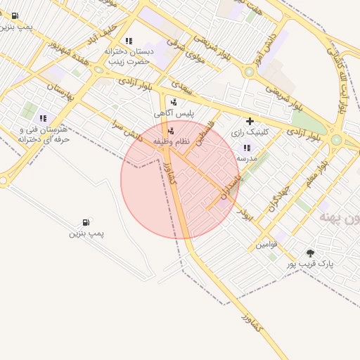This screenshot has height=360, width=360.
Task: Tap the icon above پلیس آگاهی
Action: pyautogui.click(x=174, y=101)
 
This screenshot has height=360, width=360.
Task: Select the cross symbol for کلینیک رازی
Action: pyautogui.click(x=249, y=121)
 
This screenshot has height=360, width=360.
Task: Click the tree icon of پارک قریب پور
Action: pyautogui.click(x=310, y=252)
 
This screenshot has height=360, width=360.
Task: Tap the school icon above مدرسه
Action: pyautogui.click(x=247, y=148)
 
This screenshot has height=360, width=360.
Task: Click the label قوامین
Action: pyautogui.click(x=266, y=245)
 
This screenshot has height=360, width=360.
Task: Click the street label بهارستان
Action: pyautogui.click(x=61, y=96)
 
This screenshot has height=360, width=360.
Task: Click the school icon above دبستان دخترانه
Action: pyautogui.click(x=128, y=41)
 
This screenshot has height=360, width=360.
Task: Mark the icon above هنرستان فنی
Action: pyautogui.click(x=43, y=119)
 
